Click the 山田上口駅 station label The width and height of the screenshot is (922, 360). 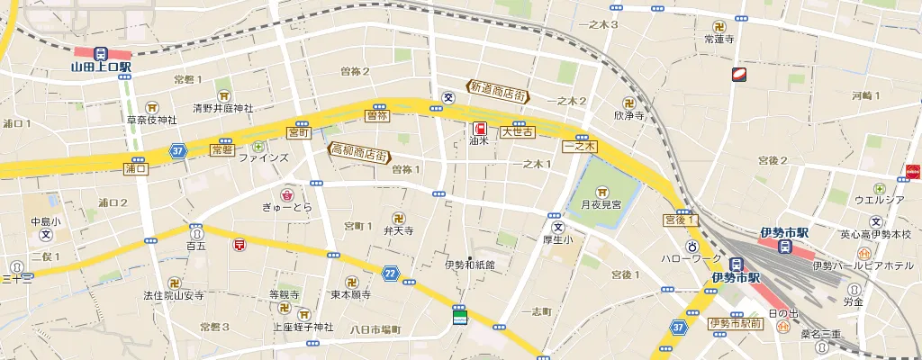click(x=102, y=67)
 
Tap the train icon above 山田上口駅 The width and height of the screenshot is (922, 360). click(x=101, y=53)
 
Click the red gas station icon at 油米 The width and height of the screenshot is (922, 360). click(x=479, y=127)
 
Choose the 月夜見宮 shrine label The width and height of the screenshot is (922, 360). click(x=601, y=205)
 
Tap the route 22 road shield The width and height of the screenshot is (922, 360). click(x=390, y=272)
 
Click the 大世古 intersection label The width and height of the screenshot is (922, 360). click(x=518, y=131)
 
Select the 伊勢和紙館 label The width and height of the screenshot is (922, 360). click(x=470, y=265)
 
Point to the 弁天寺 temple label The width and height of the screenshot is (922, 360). click(x=398, y=231)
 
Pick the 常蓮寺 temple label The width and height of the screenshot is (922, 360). click(x=719, y=39)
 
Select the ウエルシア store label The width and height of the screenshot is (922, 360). click(x=879, y=199)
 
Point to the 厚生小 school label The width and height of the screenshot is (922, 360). click(x=556, y=239)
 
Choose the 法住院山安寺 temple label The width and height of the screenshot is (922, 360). click(x=175, y=294)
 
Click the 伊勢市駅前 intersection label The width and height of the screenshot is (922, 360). click(x=735, y=323)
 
